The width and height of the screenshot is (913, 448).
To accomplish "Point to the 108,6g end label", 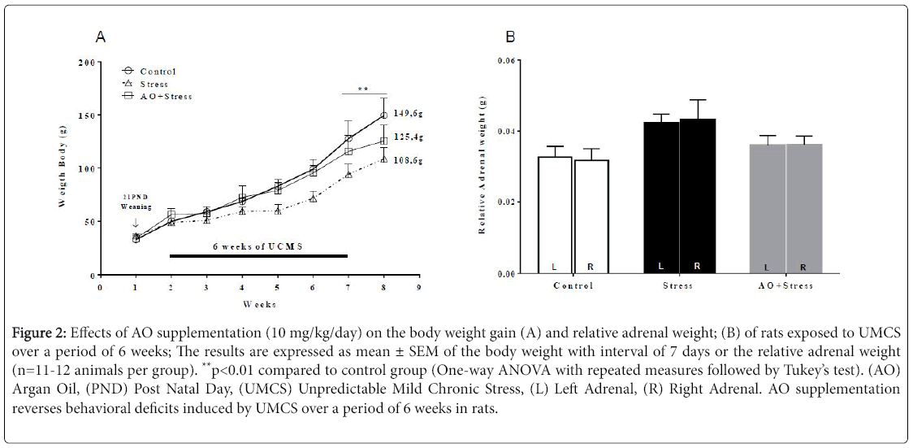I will [409, 162].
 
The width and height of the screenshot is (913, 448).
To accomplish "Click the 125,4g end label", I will [409, 137].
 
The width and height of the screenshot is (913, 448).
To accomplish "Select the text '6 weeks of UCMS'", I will [257, 246].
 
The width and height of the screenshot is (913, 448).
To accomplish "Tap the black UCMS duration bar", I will [258, 256].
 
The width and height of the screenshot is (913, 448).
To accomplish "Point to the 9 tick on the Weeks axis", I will [419, 287].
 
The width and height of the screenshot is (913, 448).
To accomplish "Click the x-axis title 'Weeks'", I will [259, 304].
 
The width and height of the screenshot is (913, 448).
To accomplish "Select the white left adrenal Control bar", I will [556, 215].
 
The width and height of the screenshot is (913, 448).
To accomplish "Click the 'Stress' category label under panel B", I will [677, 286].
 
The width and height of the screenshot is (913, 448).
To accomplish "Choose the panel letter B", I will [509, 37].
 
